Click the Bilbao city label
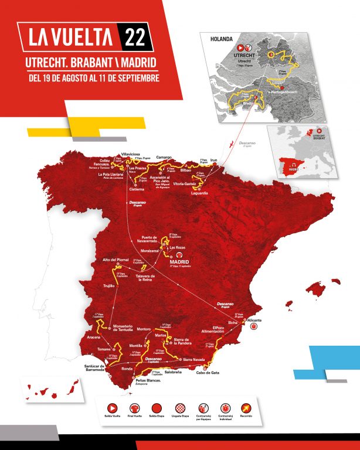pos(186,170)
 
